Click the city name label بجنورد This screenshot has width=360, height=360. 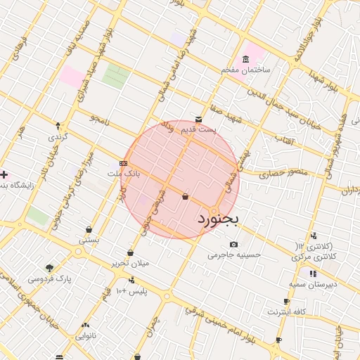(217, 219)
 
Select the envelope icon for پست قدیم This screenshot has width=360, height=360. (199, 120)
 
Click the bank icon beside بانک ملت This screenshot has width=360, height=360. (124, 163)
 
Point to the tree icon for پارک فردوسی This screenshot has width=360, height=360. (49, 268)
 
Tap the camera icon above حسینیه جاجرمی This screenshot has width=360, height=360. (234, 243)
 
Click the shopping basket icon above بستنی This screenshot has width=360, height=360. (89, 229)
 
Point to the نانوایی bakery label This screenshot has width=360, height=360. (86, 336)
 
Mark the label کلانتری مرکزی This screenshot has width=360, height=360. (314, 257)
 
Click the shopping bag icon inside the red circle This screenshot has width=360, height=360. (185, 197)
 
